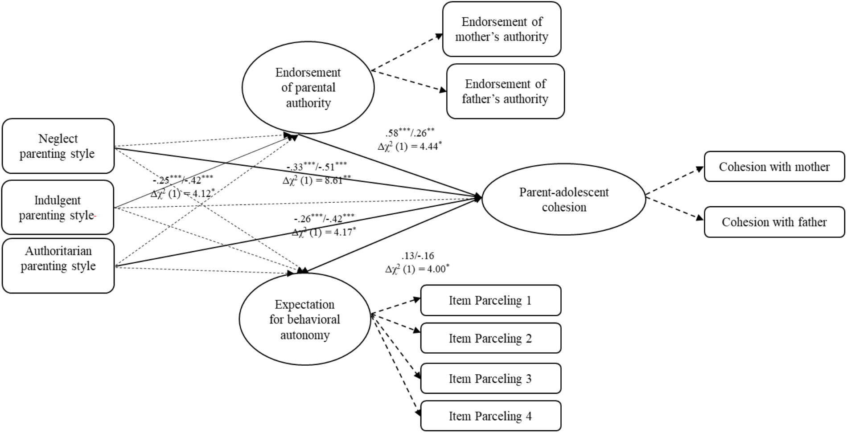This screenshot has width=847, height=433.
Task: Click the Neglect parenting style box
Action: pyautogui.click(x=58, y=146)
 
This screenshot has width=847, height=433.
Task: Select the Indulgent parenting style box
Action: pyautogui.click(x=58, y=208)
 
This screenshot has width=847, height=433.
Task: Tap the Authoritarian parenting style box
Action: pyautogui.click(x=58, y=266)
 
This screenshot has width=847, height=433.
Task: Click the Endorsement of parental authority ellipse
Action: pyautogui.click(x=308, y=88)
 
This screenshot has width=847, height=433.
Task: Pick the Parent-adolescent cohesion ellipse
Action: pyautogui.click(x=563, y=200)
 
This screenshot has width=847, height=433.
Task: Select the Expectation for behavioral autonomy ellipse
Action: pyautogui.click(x=305, y=320)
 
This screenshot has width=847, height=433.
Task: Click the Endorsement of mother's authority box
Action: pyautogui.click(x=502, y=29)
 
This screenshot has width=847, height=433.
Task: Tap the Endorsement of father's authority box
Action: pyautogui.click(x=505, y=91)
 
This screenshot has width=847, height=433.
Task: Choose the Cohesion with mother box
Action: pyautogui.click(x=774, y=167)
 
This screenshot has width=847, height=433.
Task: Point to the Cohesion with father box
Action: pyautogui.click(x=774, y=222)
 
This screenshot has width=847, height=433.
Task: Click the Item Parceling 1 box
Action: pyautogui.click(x=490, y=300)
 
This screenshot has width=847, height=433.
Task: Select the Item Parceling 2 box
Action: pyautogui.click(x=490, y=339)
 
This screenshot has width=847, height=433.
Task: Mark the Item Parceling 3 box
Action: pyautogui.click(x=490, y=379)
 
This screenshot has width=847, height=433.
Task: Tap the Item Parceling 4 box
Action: pyautogui.click(x=490, y=416)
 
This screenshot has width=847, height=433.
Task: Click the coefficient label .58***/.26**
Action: pyautogui.click(x=409, y=133)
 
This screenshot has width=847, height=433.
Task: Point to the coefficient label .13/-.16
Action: pyautogui.click(x=417, y=256)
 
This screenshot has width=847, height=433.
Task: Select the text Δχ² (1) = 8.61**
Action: pyautogui.click(x=317, y=180)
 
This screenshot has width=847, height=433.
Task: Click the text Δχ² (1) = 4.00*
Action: pyautogui.click(x=417, y=269)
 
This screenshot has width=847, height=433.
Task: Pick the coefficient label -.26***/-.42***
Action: pyautogui.click(x=324, y=219)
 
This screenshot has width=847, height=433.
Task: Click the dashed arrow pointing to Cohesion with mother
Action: pyautogui.click(x=674, y=182)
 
